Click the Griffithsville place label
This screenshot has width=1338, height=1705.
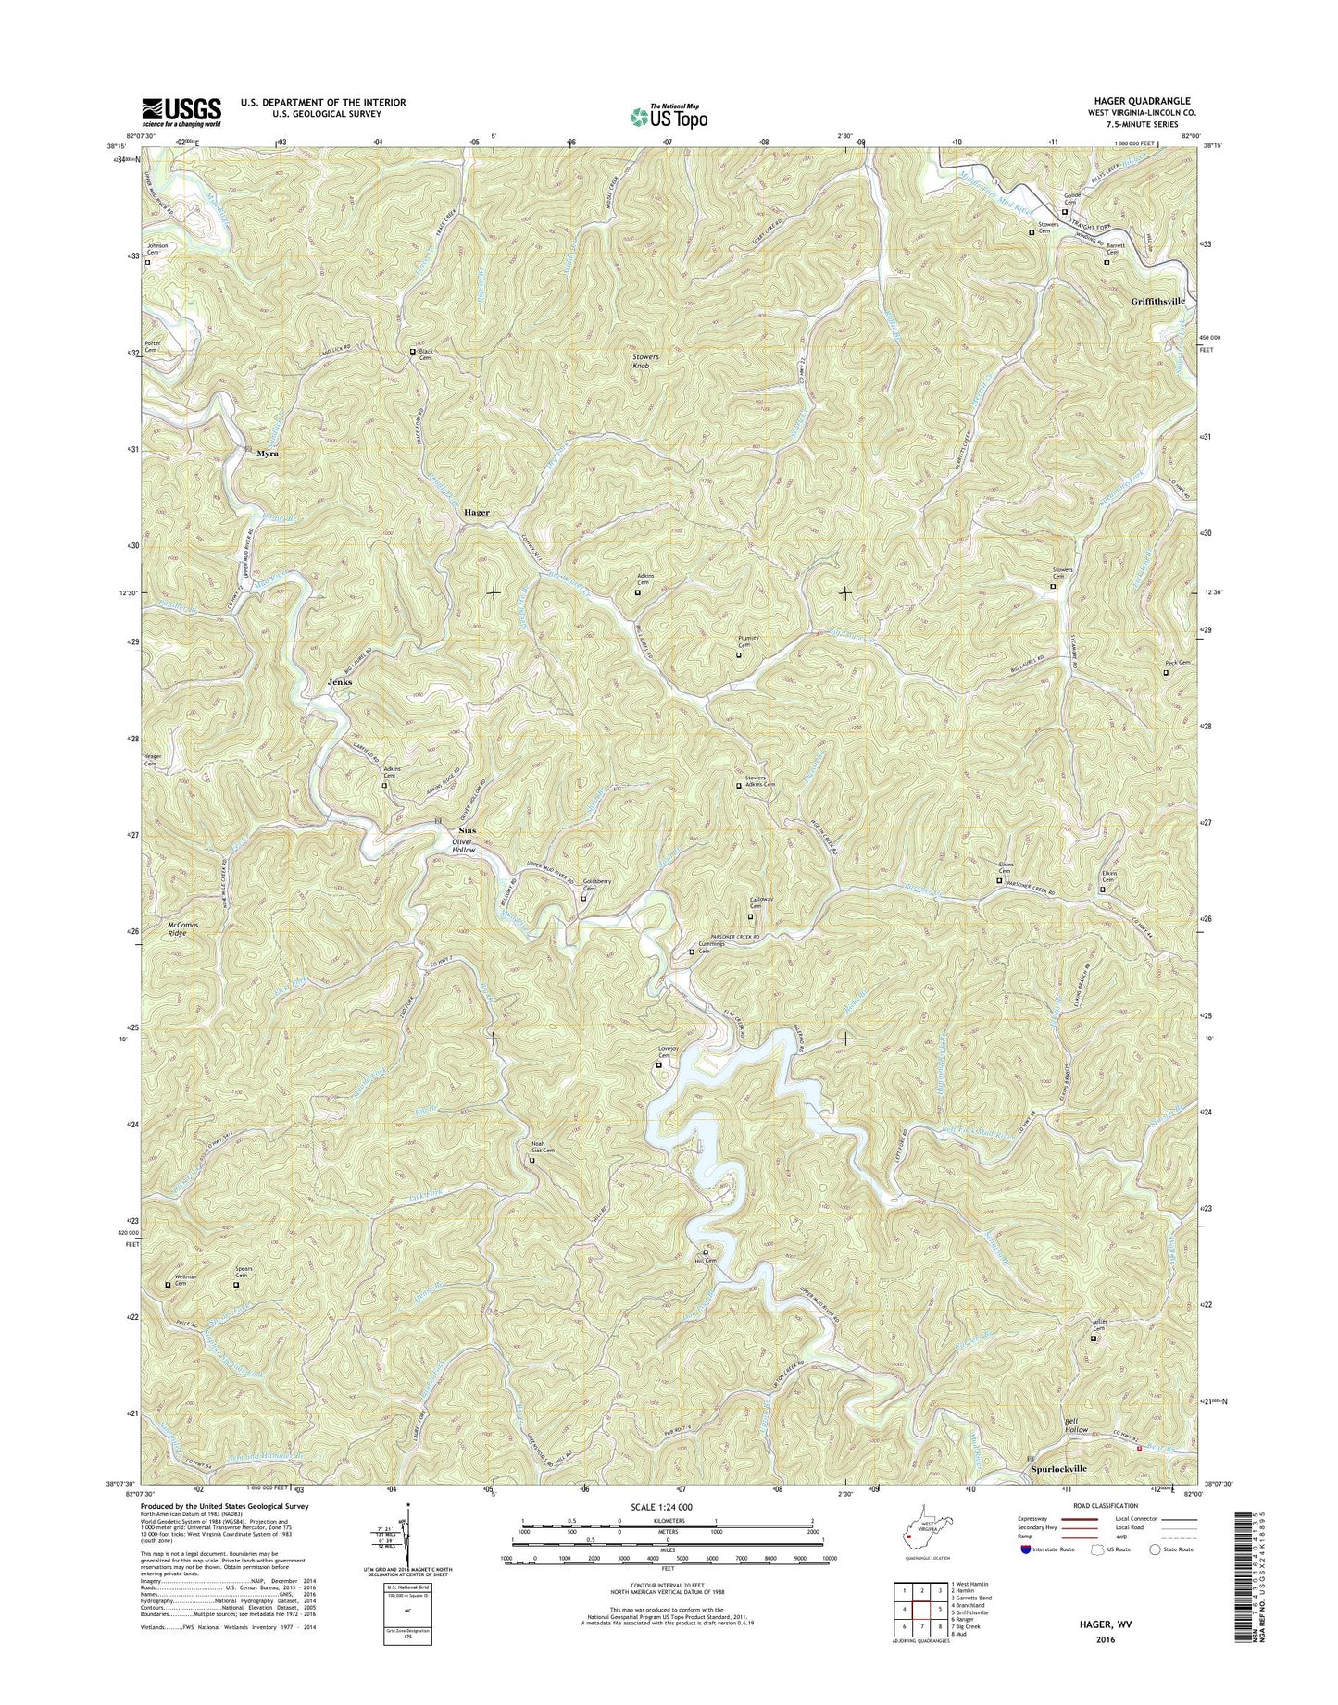(x=1157, y=302)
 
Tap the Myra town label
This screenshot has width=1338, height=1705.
(x=268, y=454)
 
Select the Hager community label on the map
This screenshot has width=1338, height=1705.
(x=477, y=512)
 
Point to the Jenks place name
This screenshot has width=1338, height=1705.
(x=340, y=681)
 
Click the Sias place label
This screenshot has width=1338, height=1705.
(x=469, y=830)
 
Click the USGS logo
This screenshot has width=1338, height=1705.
(x=181, y=112)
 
